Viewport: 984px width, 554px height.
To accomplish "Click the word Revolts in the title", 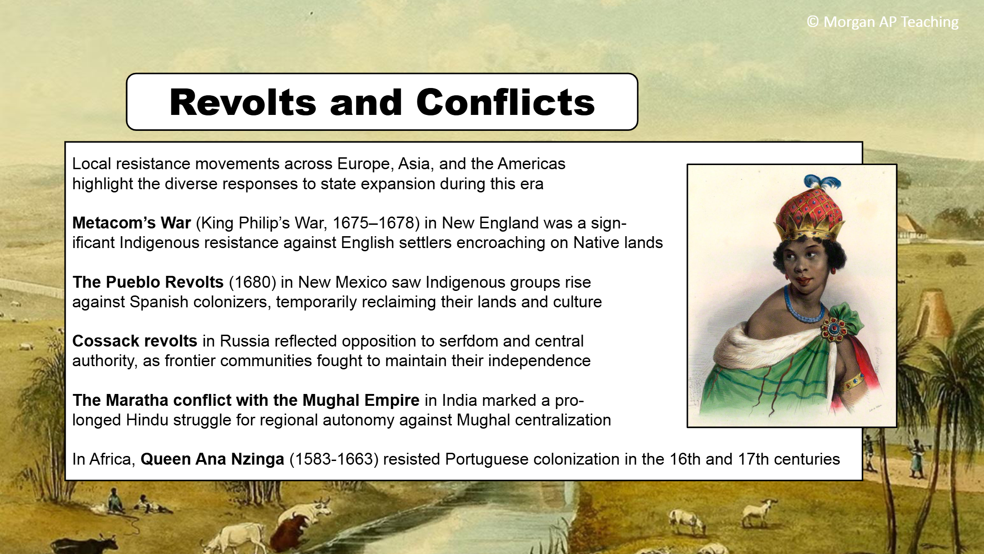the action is tap(243, 103).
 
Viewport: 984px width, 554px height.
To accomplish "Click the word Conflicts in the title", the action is tap(506, 103).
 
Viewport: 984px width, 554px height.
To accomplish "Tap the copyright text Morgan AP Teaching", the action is tap(891, 22).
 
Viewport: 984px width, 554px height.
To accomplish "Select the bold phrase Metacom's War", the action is tap(132, 223).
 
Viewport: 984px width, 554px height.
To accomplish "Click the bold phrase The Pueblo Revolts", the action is tap(148, 282).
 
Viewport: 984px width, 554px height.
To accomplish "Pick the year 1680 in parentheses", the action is tap(252, 282).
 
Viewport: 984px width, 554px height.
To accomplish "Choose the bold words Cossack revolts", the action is tap(135, 341).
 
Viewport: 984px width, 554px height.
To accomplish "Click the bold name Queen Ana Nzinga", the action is tap(212, 459).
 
